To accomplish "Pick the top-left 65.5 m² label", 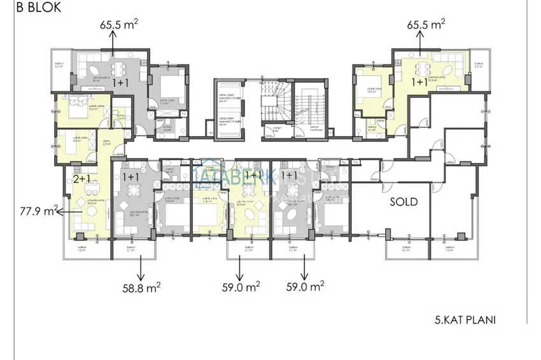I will [x=119, y=25].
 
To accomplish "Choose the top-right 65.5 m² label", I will [x=426, y=25].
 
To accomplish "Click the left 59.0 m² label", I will [x=239, y=287].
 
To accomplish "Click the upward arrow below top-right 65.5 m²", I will [x=419, y=41].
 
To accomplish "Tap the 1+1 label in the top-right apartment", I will [x=419, y=83].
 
